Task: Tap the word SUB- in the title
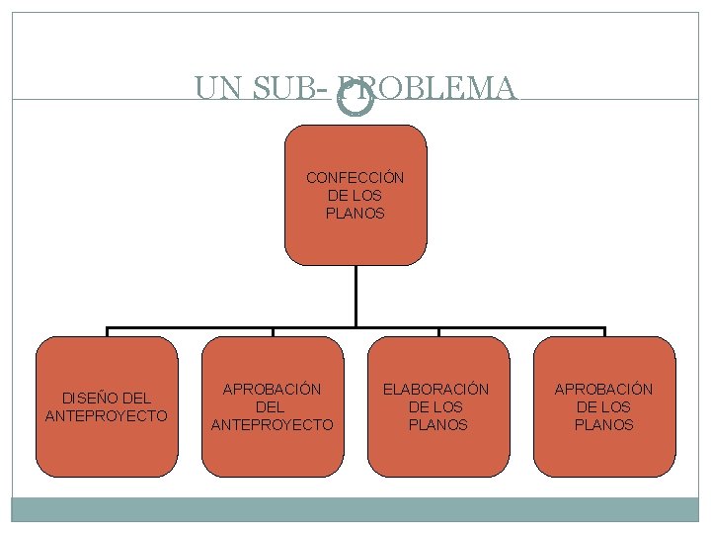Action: click(291, 89)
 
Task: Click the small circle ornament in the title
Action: click(355, 97)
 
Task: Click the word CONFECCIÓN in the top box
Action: click(355, 178)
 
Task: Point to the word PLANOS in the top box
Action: click(355, 214)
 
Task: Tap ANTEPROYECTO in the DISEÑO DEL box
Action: click(107, 416)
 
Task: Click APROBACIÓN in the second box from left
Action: click(273, 390)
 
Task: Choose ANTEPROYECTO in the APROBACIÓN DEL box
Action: click(273, 425)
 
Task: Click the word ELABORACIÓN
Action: click(436, 390)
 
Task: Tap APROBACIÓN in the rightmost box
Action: click(603, 390)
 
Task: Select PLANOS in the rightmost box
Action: click(604, 425)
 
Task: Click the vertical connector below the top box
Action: click(355, 297)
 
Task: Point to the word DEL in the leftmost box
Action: click(133, 399)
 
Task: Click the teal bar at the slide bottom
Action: click(355, 509)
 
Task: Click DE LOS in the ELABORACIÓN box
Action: click(436, 407)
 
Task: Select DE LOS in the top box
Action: click(355, 196)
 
